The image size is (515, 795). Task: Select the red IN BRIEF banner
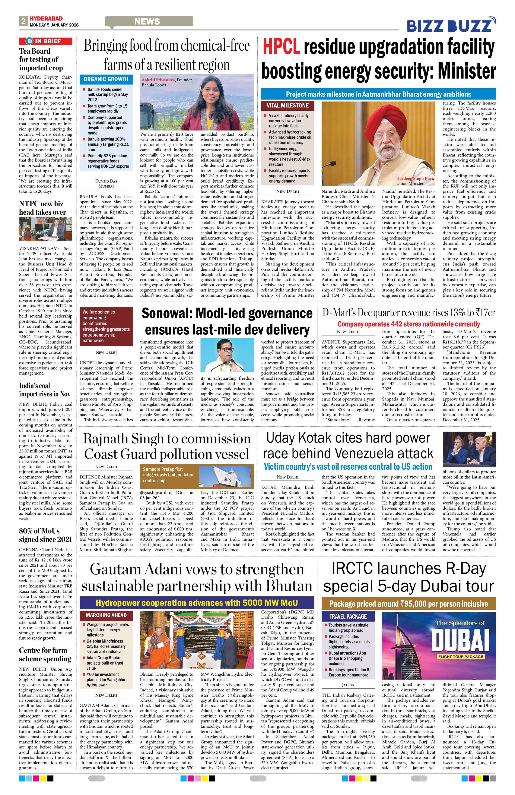tap(46, 41)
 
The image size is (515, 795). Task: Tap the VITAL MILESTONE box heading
tap(287, 105)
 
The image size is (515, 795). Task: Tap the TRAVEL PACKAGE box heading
tap(348, 616)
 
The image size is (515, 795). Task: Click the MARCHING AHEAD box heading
tap(106, 615)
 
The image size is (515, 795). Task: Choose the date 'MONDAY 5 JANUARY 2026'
tap(54, 25)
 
